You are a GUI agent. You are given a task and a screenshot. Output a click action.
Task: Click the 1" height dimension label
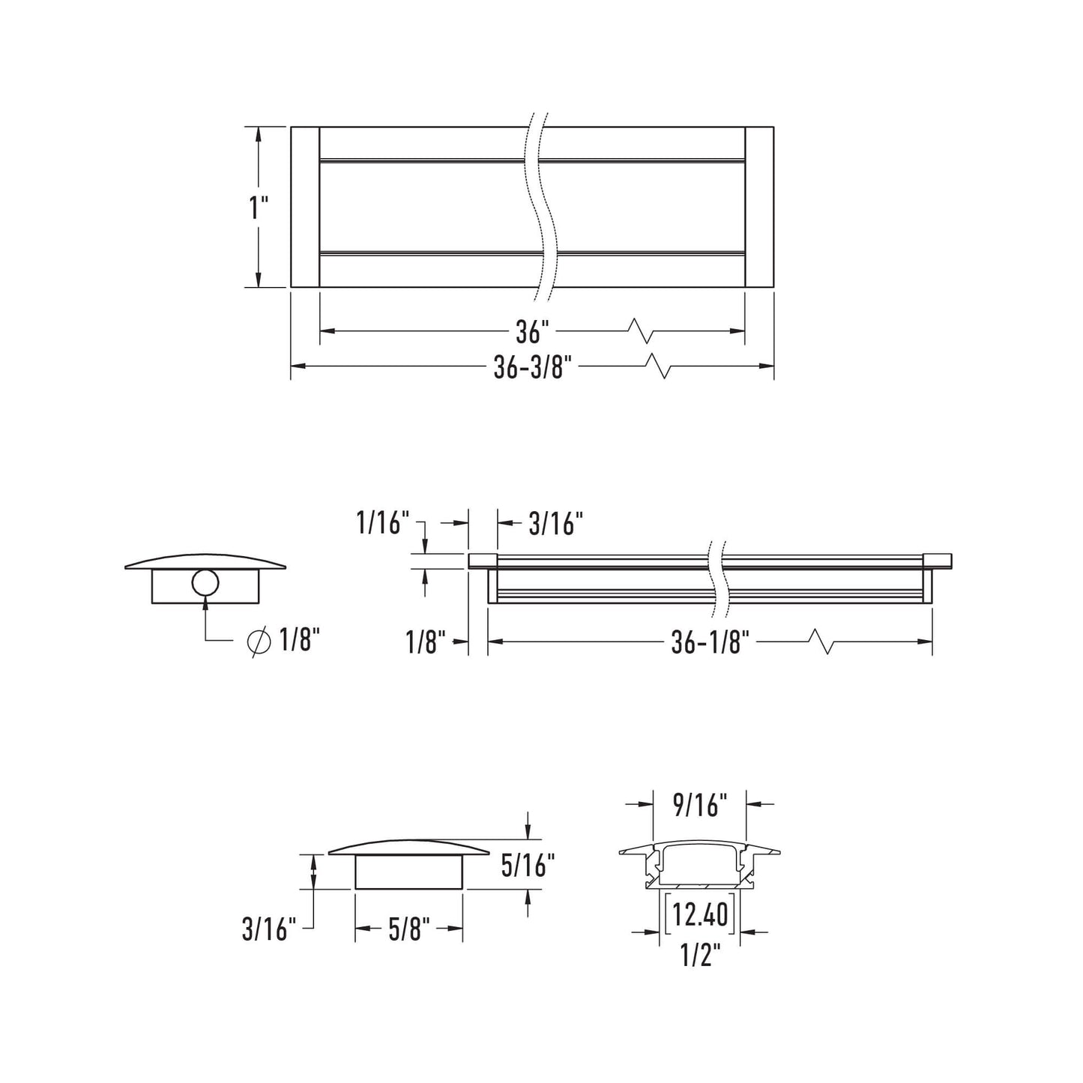coord(259,208)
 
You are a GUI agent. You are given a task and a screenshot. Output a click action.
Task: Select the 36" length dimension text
coord(532,331)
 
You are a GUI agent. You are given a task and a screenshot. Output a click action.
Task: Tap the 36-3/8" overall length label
coord(532,367)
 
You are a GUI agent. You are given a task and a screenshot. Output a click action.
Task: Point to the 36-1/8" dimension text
coord(711,642)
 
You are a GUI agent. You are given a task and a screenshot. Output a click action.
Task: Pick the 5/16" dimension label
coord(528,866)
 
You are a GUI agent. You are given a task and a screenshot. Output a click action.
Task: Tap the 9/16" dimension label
coord(700,805)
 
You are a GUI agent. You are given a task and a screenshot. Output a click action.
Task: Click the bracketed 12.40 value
coord(700,914)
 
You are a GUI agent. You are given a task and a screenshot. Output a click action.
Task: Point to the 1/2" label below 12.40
coord(700,956)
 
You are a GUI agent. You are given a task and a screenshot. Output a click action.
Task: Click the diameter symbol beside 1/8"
coord(259,642)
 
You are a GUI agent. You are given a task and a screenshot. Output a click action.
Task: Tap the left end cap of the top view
coord(305,207)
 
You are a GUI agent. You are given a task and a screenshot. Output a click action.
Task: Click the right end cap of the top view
coord(759,207)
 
